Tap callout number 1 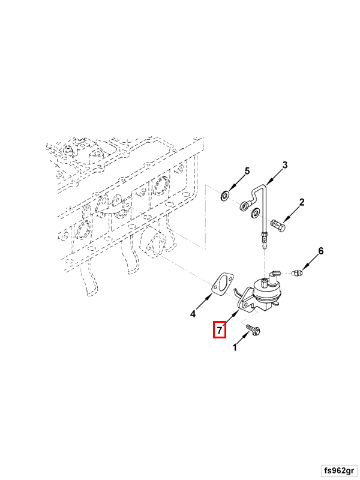[235, 347]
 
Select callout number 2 [302, 202]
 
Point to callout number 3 [284, 165]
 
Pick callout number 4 [193, 314]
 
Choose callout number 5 [247, 171]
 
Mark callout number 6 [320, 251]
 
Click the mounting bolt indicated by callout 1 [253, 329]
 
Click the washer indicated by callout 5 [225, 196]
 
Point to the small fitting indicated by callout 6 [298, 272]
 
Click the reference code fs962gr [339, 470]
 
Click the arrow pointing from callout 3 [275, 177]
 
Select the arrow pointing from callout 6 [310, 263]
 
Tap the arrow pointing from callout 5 [237, 183]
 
